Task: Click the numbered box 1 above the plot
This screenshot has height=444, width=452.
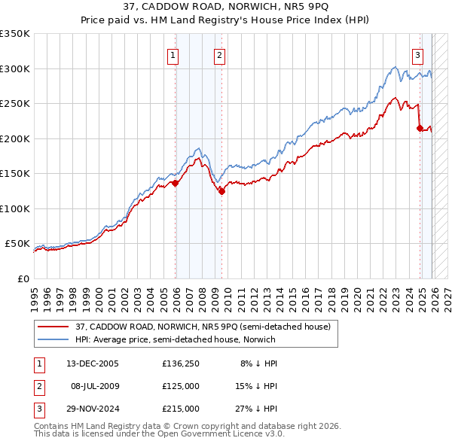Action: coord(173,54)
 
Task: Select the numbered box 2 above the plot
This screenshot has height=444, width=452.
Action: coord(219,54)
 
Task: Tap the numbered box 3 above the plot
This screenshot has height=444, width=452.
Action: coord(417,54)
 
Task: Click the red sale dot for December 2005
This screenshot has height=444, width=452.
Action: coord(176,183)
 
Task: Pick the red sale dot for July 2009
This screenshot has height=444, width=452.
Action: coord(222,191)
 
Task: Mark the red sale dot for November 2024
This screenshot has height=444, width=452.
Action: coord(420,129)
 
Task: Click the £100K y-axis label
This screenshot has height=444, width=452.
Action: coord(15,208)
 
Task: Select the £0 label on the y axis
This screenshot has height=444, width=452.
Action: coord(23,278)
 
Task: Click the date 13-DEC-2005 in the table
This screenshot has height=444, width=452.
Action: coord(92,363)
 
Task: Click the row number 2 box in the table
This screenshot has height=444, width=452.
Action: coord(38,386)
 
